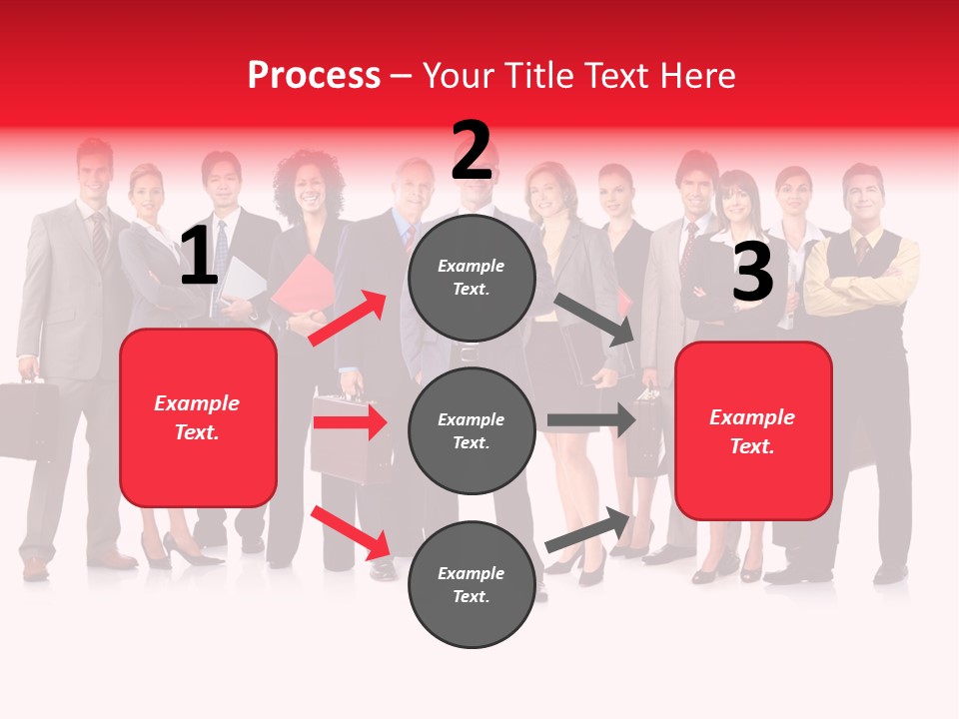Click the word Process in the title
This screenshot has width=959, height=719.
point(314,75)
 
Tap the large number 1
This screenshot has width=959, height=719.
point(199,257)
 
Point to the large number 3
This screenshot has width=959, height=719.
point(752,272)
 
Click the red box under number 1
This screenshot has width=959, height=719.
point(198,417)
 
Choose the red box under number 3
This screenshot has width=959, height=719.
point(753,431)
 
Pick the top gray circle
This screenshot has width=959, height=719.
point(472,278)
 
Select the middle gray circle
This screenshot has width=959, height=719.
point(472,430)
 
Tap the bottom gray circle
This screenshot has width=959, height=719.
point(472,584)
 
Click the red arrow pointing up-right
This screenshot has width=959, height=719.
point(348,318)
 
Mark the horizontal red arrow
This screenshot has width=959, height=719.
point(350,422)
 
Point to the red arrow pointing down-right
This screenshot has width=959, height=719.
point(350,532)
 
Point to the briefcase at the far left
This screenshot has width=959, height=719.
point(27,417)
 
